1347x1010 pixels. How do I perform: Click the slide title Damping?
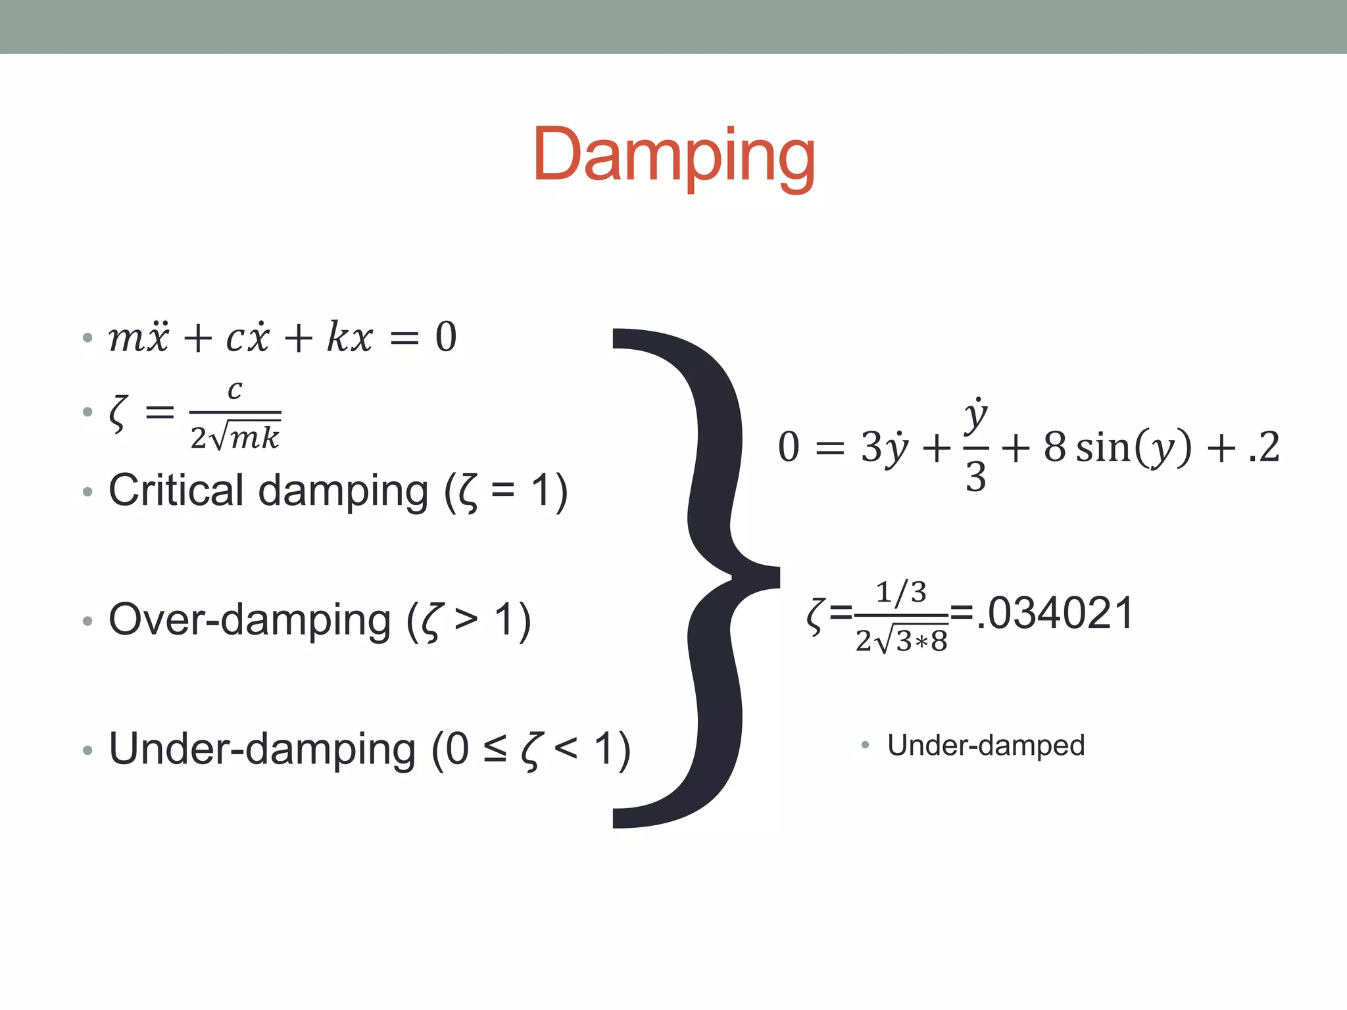[x=673, y=155]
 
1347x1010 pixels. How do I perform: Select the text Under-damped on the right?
[x=985, y=745]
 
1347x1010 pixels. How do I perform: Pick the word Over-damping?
[x=249, y=619]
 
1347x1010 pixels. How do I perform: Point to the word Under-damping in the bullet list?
[x=262, y=749]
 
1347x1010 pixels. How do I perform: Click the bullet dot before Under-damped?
[x=865, y=745]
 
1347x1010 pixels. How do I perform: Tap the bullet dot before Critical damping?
[x=87, y=492]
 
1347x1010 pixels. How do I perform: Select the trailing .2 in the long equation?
[x=1263, y=448]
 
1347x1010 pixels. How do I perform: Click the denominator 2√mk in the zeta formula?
[x=235, y=437]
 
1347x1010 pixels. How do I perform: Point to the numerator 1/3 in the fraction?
[x=901, y=592]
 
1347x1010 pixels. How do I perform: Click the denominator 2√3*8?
[x=901, y=640]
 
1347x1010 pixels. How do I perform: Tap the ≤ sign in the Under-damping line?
[x=495, y=749]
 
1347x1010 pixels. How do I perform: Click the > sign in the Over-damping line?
[x=466, y=619]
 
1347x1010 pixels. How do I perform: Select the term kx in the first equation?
[x=350, y=337]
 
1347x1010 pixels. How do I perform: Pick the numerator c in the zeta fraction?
[x=235, y=389]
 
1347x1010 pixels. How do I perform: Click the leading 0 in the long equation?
[x=788, y=448]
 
